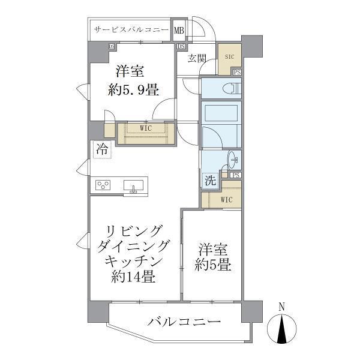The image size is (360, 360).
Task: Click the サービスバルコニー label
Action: pyautogui.click(x=130, y=29)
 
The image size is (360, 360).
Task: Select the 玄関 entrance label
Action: pyautogui.click(x=197, y=58)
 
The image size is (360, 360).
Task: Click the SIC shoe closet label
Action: pyautogui.click(x=229, y=56)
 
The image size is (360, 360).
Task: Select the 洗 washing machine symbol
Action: pyautogui.click(x=210, y=180)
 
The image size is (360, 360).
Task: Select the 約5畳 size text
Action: pyautogui.click(x=214, y=265)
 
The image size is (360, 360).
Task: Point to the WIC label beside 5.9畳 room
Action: pyautogui.click(x=146, y=128)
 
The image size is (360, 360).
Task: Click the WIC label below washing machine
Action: pyautogui.click(x=226, y=199)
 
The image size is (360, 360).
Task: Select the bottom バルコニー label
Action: pyautogui.click(x=184, y=322)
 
